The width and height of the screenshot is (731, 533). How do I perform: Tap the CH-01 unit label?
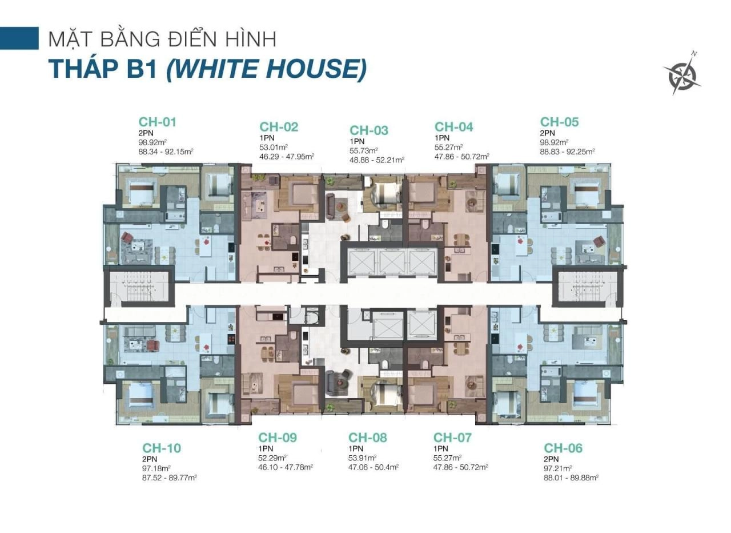pos(157,122)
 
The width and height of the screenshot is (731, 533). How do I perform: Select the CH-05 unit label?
pos(559,122)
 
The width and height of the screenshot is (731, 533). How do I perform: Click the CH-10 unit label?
pos(162,448)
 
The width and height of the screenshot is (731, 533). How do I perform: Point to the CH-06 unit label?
pos(563,448)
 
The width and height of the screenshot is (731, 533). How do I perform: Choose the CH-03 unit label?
pos(369,130)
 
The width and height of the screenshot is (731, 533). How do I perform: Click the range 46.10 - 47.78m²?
pos(286,467)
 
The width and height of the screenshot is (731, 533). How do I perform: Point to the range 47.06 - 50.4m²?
pos(373,467)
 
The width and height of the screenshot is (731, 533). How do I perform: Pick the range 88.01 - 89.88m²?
pos(571,478)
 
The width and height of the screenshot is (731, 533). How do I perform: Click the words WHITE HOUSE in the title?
pos(266,69)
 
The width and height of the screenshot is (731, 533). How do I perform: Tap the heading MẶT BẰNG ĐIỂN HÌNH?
pos(163,39)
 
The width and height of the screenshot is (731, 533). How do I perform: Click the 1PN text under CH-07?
pos(441,449)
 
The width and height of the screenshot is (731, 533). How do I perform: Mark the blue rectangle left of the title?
pos(19,38)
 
